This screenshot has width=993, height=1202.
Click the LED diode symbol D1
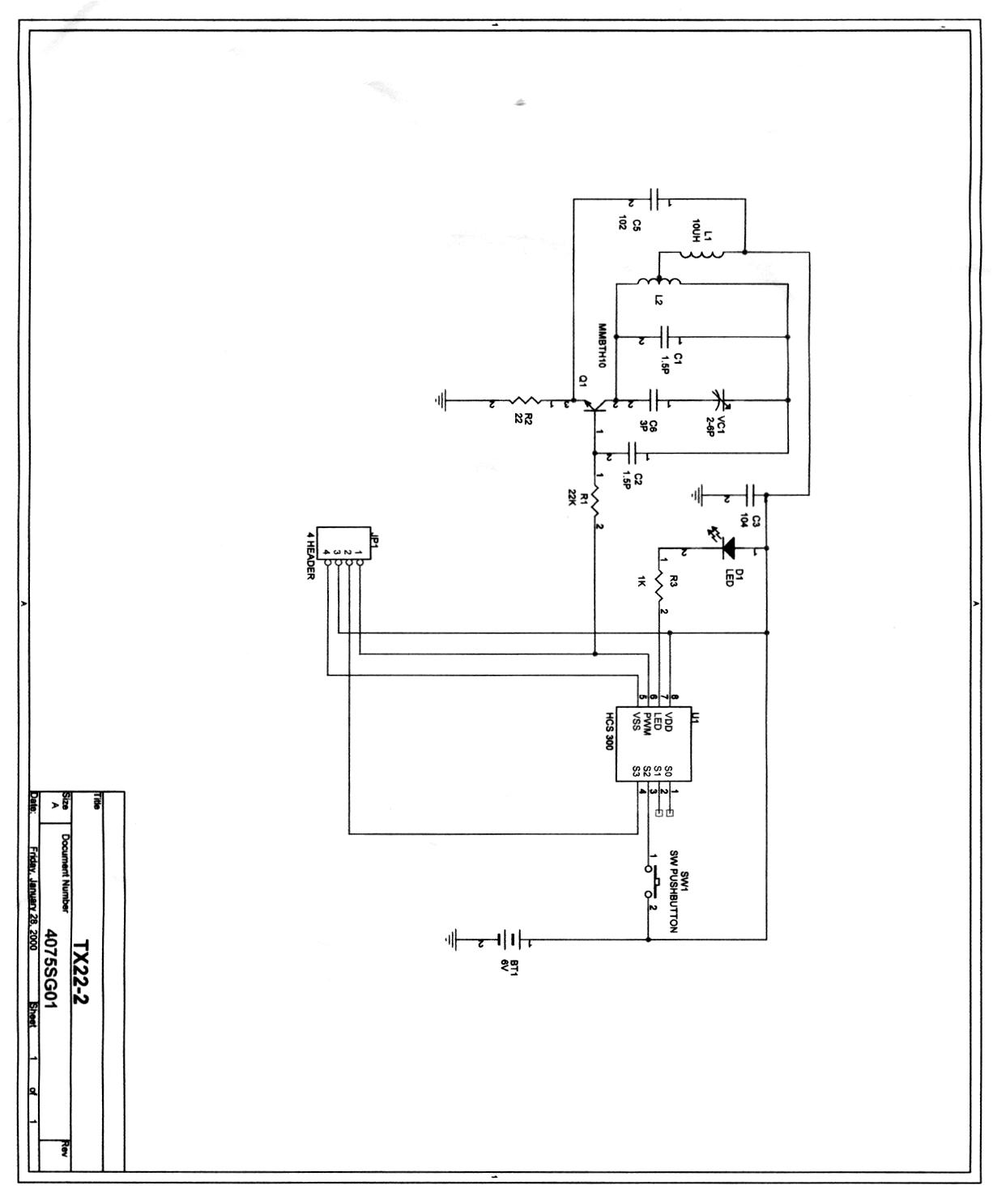726,549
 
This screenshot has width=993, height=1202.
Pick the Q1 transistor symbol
594,403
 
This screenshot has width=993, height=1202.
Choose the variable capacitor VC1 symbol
719,400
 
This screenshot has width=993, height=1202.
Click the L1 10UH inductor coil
701,254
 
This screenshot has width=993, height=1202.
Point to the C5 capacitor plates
658,199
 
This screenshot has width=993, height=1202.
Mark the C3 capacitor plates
750,494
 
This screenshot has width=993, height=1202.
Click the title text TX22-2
81,971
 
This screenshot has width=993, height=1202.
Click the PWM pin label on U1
648,723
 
